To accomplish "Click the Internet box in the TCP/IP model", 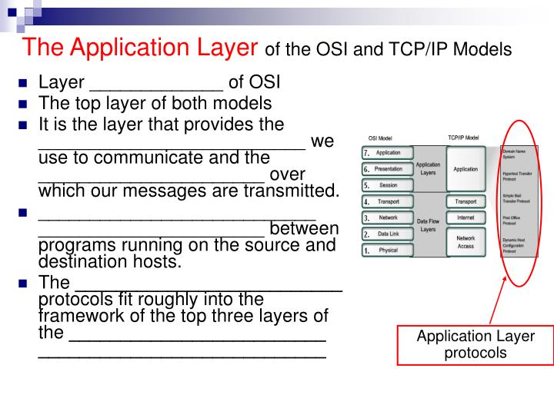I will coord(466,217).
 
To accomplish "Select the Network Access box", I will coord(466,242).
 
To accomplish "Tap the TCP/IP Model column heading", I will coord(463,138).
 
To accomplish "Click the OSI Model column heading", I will coord(382,138).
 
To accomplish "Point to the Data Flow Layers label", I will coord(428,225).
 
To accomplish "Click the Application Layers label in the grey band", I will coord(428,168).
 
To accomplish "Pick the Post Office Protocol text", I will coord(514,220).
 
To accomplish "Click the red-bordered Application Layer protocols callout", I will coord(475,344).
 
